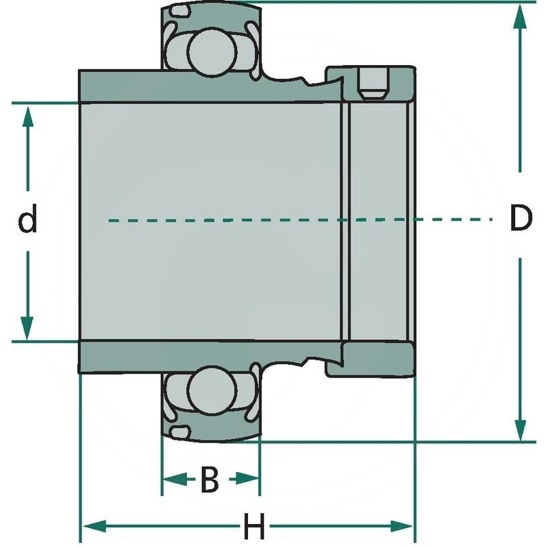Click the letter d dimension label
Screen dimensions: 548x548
coord(27,221)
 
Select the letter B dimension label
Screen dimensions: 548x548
coord(209,480)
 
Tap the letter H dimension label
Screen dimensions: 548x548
coord(254,528)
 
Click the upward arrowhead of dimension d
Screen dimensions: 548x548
coord(27,116)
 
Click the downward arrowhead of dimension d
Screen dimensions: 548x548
coord(27,327)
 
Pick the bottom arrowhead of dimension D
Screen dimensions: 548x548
coord(521,429)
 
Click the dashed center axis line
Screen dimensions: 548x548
coord(274,220)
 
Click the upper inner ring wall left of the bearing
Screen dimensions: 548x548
coord(120,86)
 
